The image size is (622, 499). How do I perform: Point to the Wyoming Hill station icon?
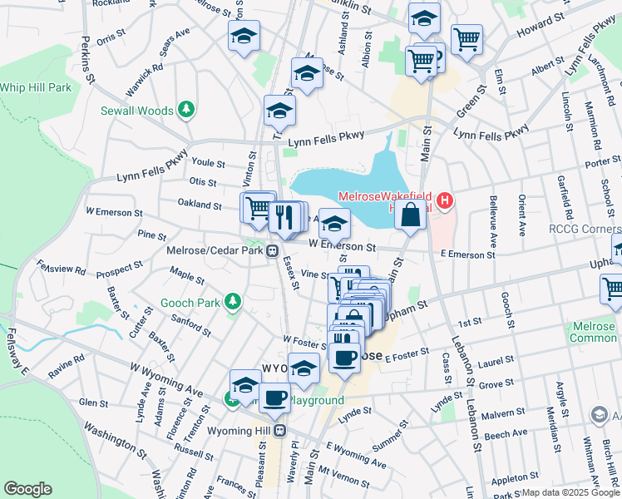pos(280,430)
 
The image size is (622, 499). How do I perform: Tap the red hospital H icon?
pos(446,200)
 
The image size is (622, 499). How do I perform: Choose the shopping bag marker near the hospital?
pos(410,215)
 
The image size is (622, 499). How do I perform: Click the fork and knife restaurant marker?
pos(284,218)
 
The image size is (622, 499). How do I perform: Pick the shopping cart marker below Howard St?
pos(466,37)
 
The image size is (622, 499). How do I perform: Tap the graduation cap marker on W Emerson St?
pos(334,224)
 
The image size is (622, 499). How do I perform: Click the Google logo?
pos(27,489)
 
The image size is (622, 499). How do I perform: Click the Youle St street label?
pos(208,164)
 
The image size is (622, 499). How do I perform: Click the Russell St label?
pos(195,452)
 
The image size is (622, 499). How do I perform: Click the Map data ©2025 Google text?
pos(570,492)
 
